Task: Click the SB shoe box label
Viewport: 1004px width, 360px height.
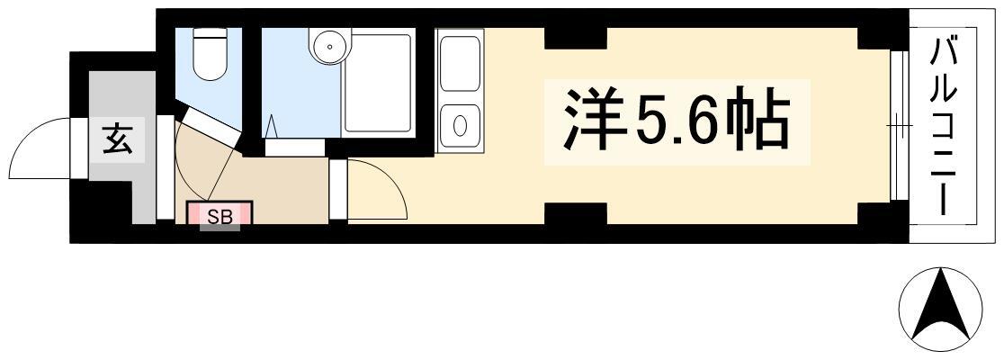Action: point(220,216)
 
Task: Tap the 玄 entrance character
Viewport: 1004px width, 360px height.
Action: point(117,139)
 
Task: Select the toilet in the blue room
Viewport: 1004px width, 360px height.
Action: point(209,54)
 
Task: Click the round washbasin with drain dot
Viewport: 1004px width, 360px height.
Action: point(330,46)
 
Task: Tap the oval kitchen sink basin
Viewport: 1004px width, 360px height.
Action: point(460,126)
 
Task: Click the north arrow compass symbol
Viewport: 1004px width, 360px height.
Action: point(940,310)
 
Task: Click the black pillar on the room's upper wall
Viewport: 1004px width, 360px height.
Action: point(575,38)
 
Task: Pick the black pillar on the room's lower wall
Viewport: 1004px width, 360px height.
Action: point(575,213)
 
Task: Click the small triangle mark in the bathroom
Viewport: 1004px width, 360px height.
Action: point(273,126)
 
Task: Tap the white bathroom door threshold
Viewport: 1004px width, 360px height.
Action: point(294,148)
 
